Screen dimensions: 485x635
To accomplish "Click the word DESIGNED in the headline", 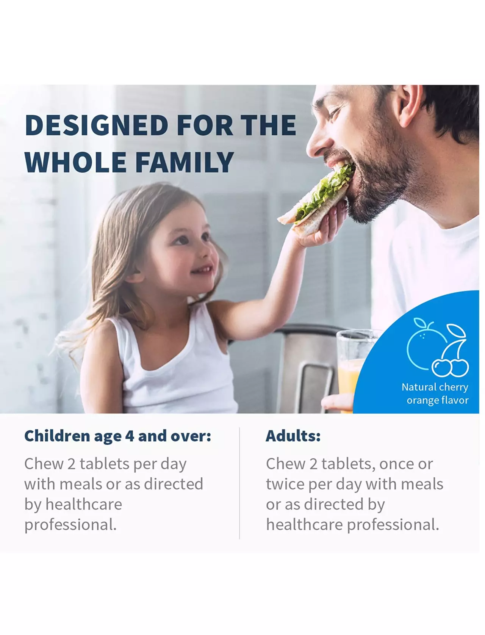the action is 97,125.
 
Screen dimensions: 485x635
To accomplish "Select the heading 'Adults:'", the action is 293,436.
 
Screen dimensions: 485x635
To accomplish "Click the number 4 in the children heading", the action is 130,436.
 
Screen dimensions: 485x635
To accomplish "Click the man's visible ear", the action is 407,105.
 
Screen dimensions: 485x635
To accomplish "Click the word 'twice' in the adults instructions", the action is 285,484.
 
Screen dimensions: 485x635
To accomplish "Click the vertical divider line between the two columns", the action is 239,483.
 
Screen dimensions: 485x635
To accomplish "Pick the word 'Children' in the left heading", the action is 57,436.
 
